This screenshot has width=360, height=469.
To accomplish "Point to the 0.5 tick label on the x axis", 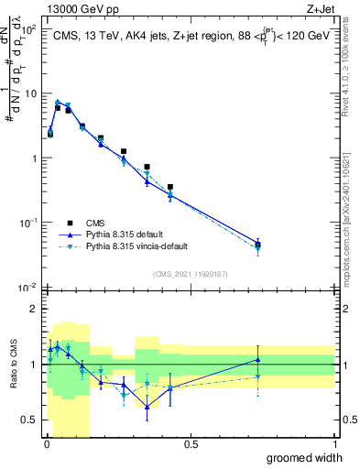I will (x=191, y=444).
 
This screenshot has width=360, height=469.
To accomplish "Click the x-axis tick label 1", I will (x=333, y=444).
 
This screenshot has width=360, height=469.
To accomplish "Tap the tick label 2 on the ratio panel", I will (x=34, y=309).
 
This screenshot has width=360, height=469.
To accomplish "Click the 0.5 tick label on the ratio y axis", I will (x=29, y=420).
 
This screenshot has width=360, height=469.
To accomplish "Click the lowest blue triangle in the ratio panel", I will (x=147, y=407).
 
